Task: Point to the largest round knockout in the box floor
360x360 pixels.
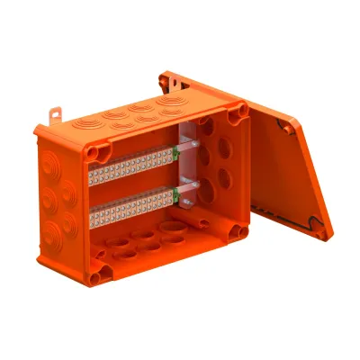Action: coord(170,235)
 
